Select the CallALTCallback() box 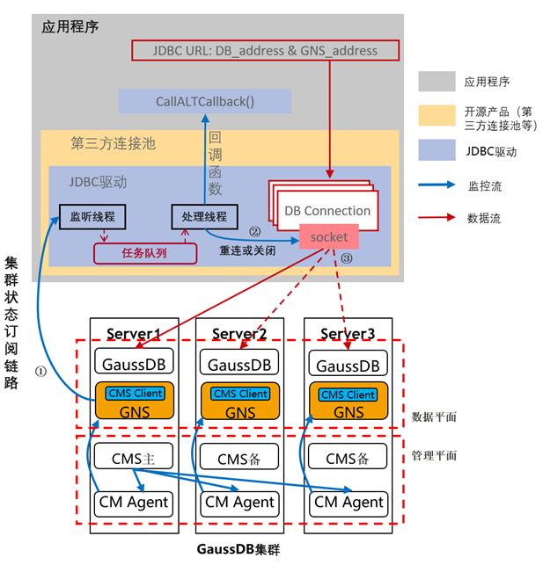(x=204, y=100)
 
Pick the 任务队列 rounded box (x=143, y=253)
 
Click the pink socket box (x=328, y=237)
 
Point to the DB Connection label (x=327, y=211)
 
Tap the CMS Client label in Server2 (x=241, y=394)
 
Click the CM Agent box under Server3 (x=349, y=502)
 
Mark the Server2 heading (x=240, y=334)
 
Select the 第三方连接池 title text (x=113, y=142)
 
